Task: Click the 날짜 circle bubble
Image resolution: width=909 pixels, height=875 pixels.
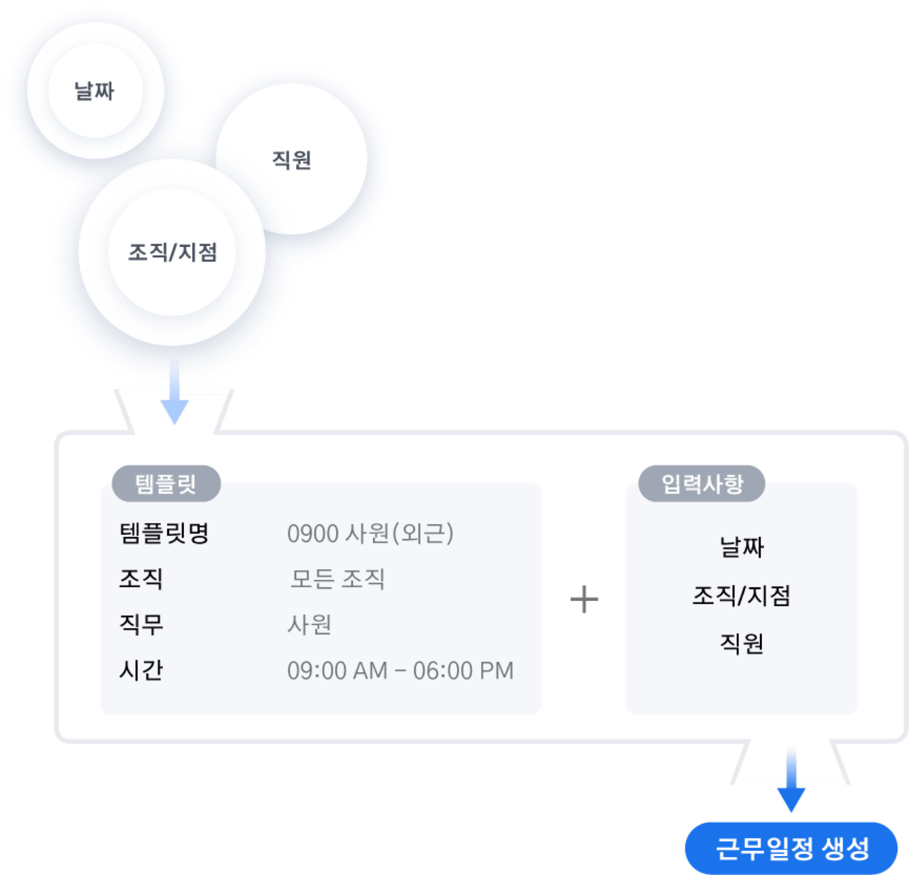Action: tap(96, 90)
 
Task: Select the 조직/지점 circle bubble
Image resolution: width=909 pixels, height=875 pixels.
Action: tap(172, 252)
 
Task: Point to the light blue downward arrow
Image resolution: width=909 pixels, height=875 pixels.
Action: tap(174, 392)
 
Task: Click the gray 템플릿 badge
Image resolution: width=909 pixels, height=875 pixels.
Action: tap(166, 484)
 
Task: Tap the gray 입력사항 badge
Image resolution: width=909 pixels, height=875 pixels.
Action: tap(702, 484)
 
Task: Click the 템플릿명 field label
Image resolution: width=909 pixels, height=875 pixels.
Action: tap(164, 533)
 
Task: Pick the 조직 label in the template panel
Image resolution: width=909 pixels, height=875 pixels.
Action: tap(141, 579)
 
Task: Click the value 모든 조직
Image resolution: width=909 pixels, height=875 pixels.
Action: tap(337, 579)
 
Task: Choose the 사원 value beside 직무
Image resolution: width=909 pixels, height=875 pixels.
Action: tap(309, 624)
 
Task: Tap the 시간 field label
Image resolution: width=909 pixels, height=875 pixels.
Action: tap(141, 670)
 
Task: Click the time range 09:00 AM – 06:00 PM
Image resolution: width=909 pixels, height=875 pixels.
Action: tap(400, 670)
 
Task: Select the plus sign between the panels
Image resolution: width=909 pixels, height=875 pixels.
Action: tap(584, 599)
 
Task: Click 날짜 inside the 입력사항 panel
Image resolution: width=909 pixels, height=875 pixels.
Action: tap(742, 547)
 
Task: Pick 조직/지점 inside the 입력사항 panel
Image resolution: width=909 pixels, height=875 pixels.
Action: tap(741, 596)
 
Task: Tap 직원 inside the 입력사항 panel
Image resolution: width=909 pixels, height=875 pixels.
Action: tap(742, 644)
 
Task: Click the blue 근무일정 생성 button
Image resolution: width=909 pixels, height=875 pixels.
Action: tap(791, 848)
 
